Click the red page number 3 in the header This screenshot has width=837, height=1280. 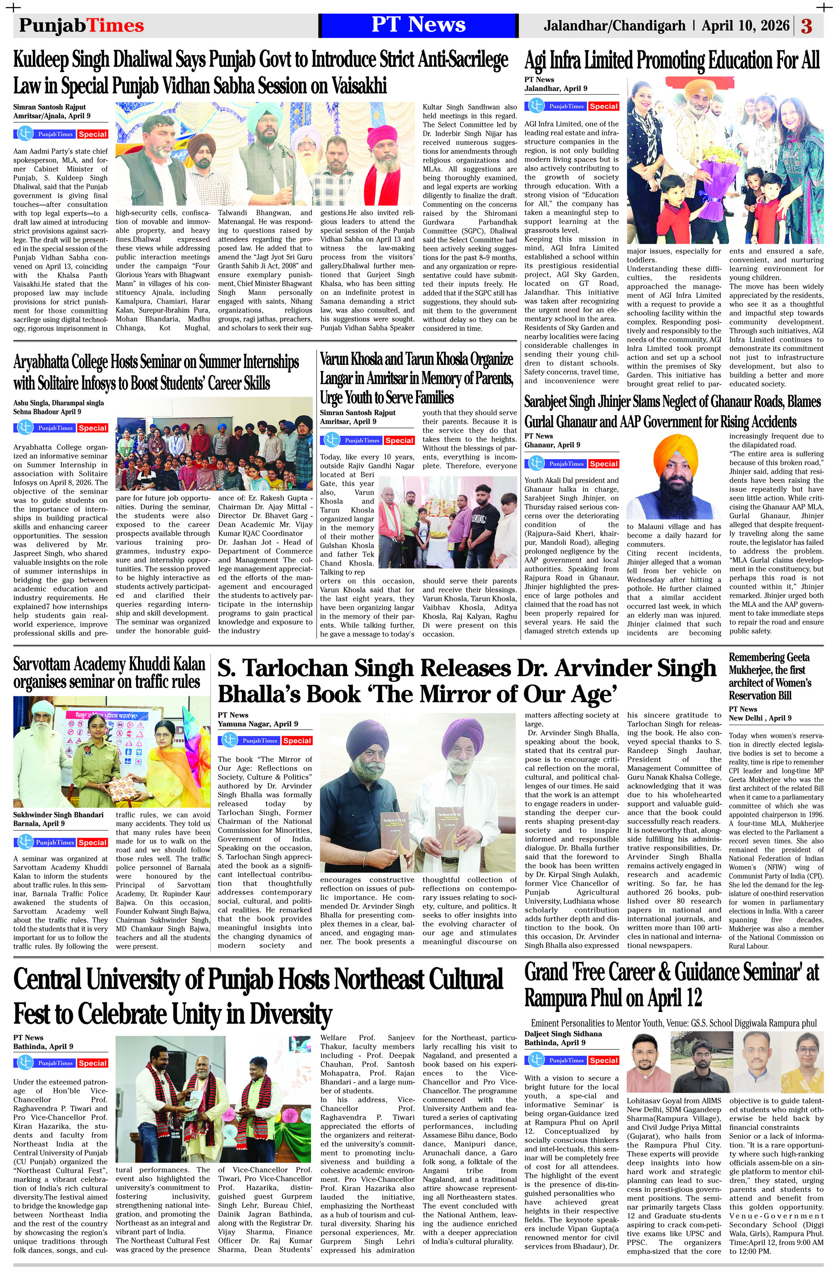[x=806, y=26]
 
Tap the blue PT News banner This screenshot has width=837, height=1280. [x=418, y=25]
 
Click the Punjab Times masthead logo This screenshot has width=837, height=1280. [x=81, y=25]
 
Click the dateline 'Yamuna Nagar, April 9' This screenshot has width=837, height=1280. [x=258, y=724]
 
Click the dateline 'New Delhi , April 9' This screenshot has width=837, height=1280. [x=760, y=718]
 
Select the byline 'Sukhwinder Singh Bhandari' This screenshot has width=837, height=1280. [x=58, y=815]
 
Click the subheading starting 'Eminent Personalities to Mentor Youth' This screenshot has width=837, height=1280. [x=673, y=1023]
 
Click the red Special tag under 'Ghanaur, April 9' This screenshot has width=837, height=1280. [x=603, y=464]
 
